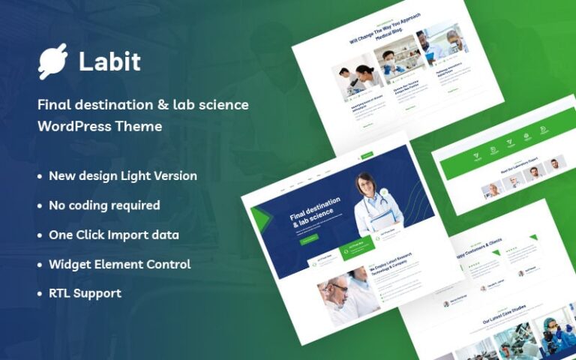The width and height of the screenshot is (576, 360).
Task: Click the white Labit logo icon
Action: pos(52,61)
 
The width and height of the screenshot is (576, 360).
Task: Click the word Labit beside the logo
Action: pos(109,61)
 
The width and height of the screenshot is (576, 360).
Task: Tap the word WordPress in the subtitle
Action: pos(74,126)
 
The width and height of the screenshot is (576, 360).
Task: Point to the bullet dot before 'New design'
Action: pos(40,176)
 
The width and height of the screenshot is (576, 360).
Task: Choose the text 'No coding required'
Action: pos(104,205)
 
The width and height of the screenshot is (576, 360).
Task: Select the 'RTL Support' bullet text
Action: pos(85,293)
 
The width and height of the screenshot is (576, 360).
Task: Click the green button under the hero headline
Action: pos(309,240)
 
